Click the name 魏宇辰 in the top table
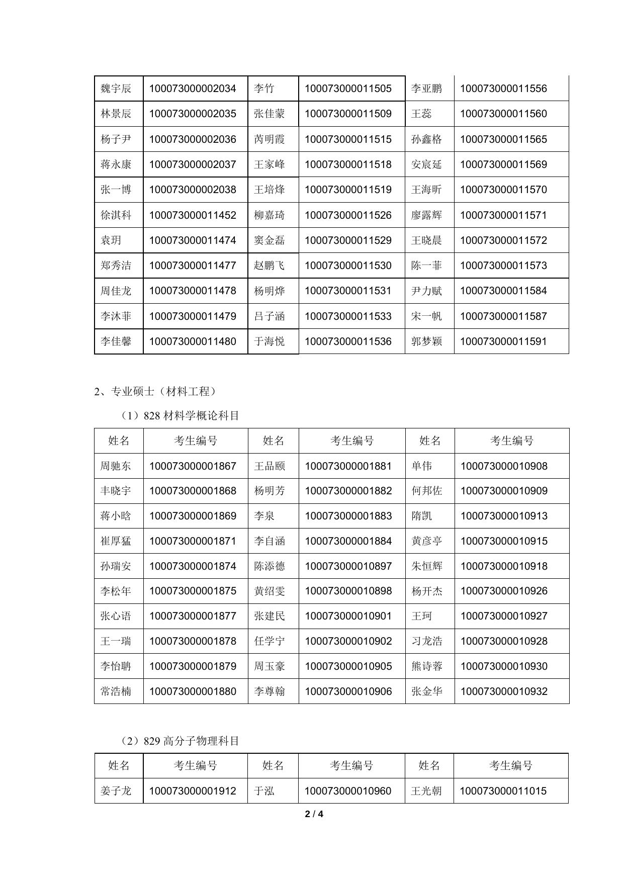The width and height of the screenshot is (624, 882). [x=116, y=89]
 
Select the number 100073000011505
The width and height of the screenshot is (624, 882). [x=348, y=89]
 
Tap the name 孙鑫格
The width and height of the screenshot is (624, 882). [x=426, y=139]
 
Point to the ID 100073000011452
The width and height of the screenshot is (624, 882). [x=193, y=215]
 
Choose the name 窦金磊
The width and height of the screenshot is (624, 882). [x=270, y=240]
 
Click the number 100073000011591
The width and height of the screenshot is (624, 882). [x=503, y=341]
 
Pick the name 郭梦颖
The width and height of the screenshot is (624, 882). [x=426, y=341]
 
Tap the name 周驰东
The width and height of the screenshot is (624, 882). [x=116, y=466]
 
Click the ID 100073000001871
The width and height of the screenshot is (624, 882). [x=193, y=541]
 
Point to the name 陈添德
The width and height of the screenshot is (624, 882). [x=270, y=566]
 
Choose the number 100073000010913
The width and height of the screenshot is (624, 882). [x=504, y=516]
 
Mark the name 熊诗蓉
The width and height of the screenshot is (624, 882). [x=427, y=666]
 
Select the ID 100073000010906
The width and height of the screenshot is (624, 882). [x=348, y=691]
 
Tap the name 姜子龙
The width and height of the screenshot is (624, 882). [x=116, y=791]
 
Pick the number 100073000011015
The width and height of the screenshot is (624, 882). [x=503, y=791]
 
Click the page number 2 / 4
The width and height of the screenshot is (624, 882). [x=314, y=814]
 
